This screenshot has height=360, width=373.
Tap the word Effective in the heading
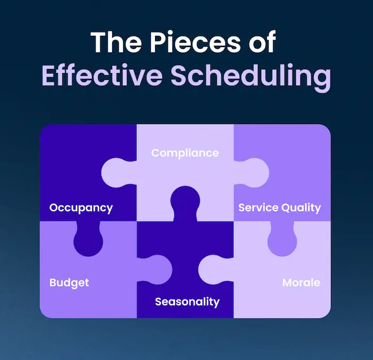point(101,77)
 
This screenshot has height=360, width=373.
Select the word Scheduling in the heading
point(250,77)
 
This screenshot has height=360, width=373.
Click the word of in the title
point(261,42)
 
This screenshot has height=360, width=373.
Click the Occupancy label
point(81,208)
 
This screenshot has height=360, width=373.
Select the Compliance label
point(185,153)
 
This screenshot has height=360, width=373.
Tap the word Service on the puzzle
point(258,208)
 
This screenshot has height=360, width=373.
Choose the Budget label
point(69,282)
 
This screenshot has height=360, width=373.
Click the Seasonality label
point(187,302)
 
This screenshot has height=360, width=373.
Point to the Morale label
point(301,282)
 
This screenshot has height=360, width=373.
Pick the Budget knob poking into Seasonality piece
point(155,266)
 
